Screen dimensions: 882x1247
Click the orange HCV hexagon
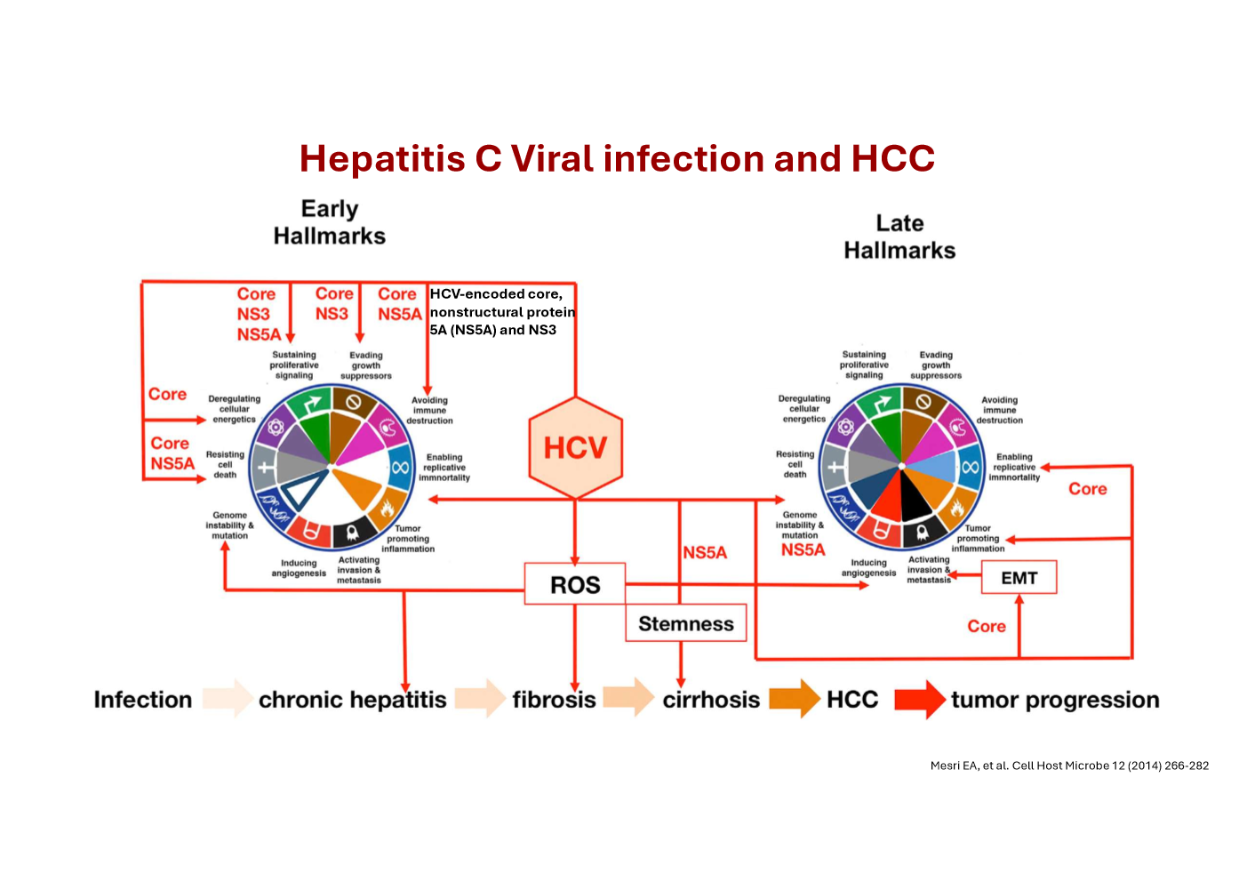click(x=575, y=447)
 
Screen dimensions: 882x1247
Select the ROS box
click(x=575, y=584)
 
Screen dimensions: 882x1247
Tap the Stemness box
click(x=685, y=623)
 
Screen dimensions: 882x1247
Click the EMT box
click(x=1019, y=578)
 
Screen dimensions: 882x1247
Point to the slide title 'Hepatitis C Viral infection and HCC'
click(x=617, y=159)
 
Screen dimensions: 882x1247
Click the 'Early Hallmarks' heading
click(x=330, y=222)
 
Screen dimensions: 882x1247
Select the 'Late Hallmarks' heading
click(x=899, y=237)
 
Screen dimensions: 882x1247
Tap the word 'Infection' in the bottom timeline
click(x=143, y=700)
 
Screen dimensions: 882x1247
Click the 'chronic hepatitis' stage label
click(x=352, y=700)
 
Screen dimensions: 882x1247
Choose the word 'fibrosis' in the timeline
click(x=554, y=700)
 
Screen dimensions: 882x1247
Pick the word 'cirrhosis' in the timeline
click(x=711, y=700)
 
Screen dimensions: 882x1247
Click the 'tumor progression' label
click(x=1055, y=700)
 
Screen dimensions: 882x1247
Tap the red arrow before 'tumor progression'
click(x=919, y=699)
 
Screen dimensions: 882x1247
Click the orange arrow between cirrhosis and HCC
click(x=794, y=699)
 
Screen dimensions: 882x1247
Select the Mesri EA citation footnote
click(x=1069, y=766)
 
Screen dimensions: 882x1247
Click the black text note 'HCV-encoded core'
click(x=502, y=311)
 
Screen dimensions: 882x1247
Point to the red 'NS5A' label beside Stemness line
click(x=705, y=553)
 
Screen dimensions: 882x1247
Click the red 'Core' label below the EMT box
click(x=987, y=627)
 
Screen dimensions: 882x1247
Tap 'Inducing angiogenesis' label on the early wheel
click(x=299, y=568)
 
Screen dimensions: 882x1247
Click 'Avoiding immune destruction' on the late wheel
click(x=1000, y=410)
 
